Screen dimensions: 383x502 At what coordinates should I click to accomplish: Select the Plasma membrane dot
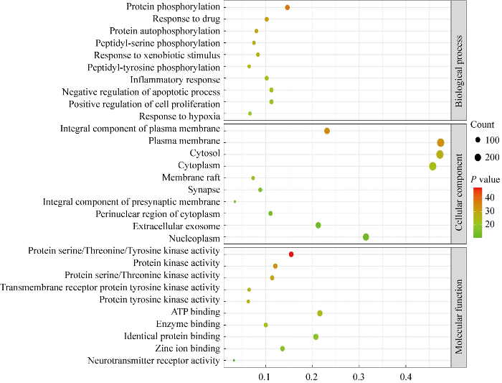click(x=440, y=142)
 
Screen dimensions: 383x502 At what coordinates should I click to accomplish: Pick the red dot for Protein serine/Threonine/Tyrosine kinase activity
click(x=291, y=254)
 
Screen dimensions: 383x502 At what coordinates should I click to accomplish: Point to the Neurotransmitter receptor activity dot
click(x=234, y=360)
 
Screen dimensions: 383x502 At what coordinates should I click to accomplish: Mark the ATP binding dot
click(x=320, y=313)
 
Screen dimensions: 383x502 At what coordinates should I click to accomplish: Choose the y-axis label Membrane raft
click(x=188, y=177)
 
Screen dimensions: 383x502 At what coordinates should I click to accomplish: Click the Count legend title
click(x=483, y=124)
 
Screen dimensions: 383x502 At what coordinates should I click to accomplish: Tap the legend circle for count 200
click(x=477, y=157)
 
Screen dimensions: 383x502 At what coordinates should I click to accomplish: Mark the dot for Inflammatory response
click(x=267, y=78)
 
